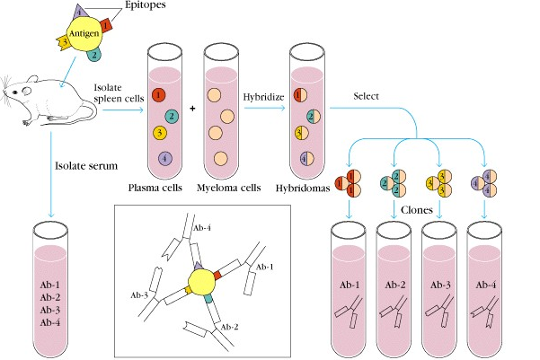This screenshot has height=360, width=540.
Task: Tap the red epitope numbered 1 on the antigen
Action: [105, 26]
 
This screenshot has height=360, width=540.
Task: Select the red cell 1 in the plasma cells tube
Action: [159, 93]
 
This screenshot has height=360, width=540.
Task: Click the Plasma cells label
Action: [158, 189]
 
